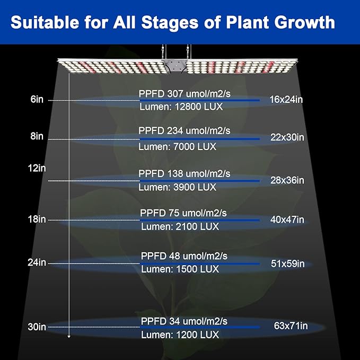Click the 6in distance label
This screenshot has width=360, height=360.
click(x=37, y=99)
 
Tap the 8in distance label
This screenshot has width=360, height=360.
click(x=37, y=136)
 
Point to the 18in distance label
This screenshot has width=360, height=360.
click(x=37, y=219)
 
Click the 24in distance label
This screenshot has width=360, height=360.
click(x=37, y=262)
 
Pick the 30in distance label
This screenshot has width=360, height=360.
click(x=37, y=327)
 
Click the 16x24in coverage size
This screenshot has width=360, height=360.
click(x=286, y=99)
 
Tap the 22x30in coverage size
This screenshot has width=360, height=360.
click(x=287, y=137)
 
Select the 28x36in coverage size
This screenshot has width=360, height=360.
click(x=287, y=180)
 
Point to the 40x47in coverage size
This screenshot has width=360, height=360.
click(x=287, y=219)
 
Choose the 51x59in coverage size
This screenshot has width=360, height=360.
click(x=287, y=264)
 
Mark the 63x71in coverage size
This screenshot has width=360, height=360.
click(x=290, y=326)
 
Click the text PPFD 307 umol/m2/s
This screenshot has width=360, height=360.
click(x=185, y=93)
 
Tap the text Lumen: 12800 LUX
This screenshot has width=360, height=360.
click(x=180, y=107)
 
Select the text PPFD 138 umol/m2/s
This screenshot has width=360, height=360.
click(x=184, y=173)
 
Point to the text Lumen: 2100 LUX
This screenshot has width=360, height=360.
click(x=180, y=226)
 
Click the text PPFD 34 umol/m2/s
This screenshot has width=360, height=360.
click(x=184, y=321)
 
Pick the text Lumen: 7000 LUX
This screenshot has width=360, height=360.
click(x=177, y=146)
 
